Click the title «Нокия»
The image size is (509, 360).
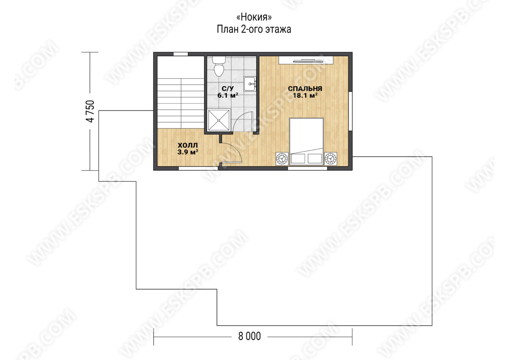[254, 17]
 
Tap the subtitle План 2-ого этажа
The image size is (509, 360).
[254, 30]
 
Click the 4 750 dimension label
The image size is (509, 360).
[90, 111]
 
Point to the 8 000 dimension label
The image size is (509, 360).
[249, 336]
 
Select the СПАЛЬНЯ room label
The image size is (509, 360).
[305, 88]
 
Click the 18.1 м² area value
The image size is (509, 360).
[305, 95]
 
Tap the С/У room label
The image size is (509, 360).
[227, 88]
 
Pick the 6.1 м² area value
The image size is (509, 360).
[228, 95]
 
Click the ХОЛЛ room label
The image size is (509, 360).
[187, 145]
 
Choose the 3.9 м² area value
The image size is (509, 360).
[187, 152]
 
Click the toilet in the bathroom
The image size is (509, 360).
[219, 66]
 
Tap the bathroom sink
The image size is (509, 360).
[250, 84]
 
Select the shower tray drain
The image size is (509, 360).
[218, 120]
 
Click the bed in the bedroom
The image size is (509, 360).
[306, 141]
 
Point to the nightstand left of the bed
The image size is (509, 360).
[282, 158]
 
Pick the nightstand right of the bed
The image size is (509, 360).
[330, 158]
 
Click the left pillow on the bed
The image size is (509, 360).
[298, 158]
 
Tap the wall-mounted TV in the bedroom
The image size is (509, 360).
[308, 60]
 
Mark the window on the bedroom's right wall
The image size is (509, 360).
[350, 111]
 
